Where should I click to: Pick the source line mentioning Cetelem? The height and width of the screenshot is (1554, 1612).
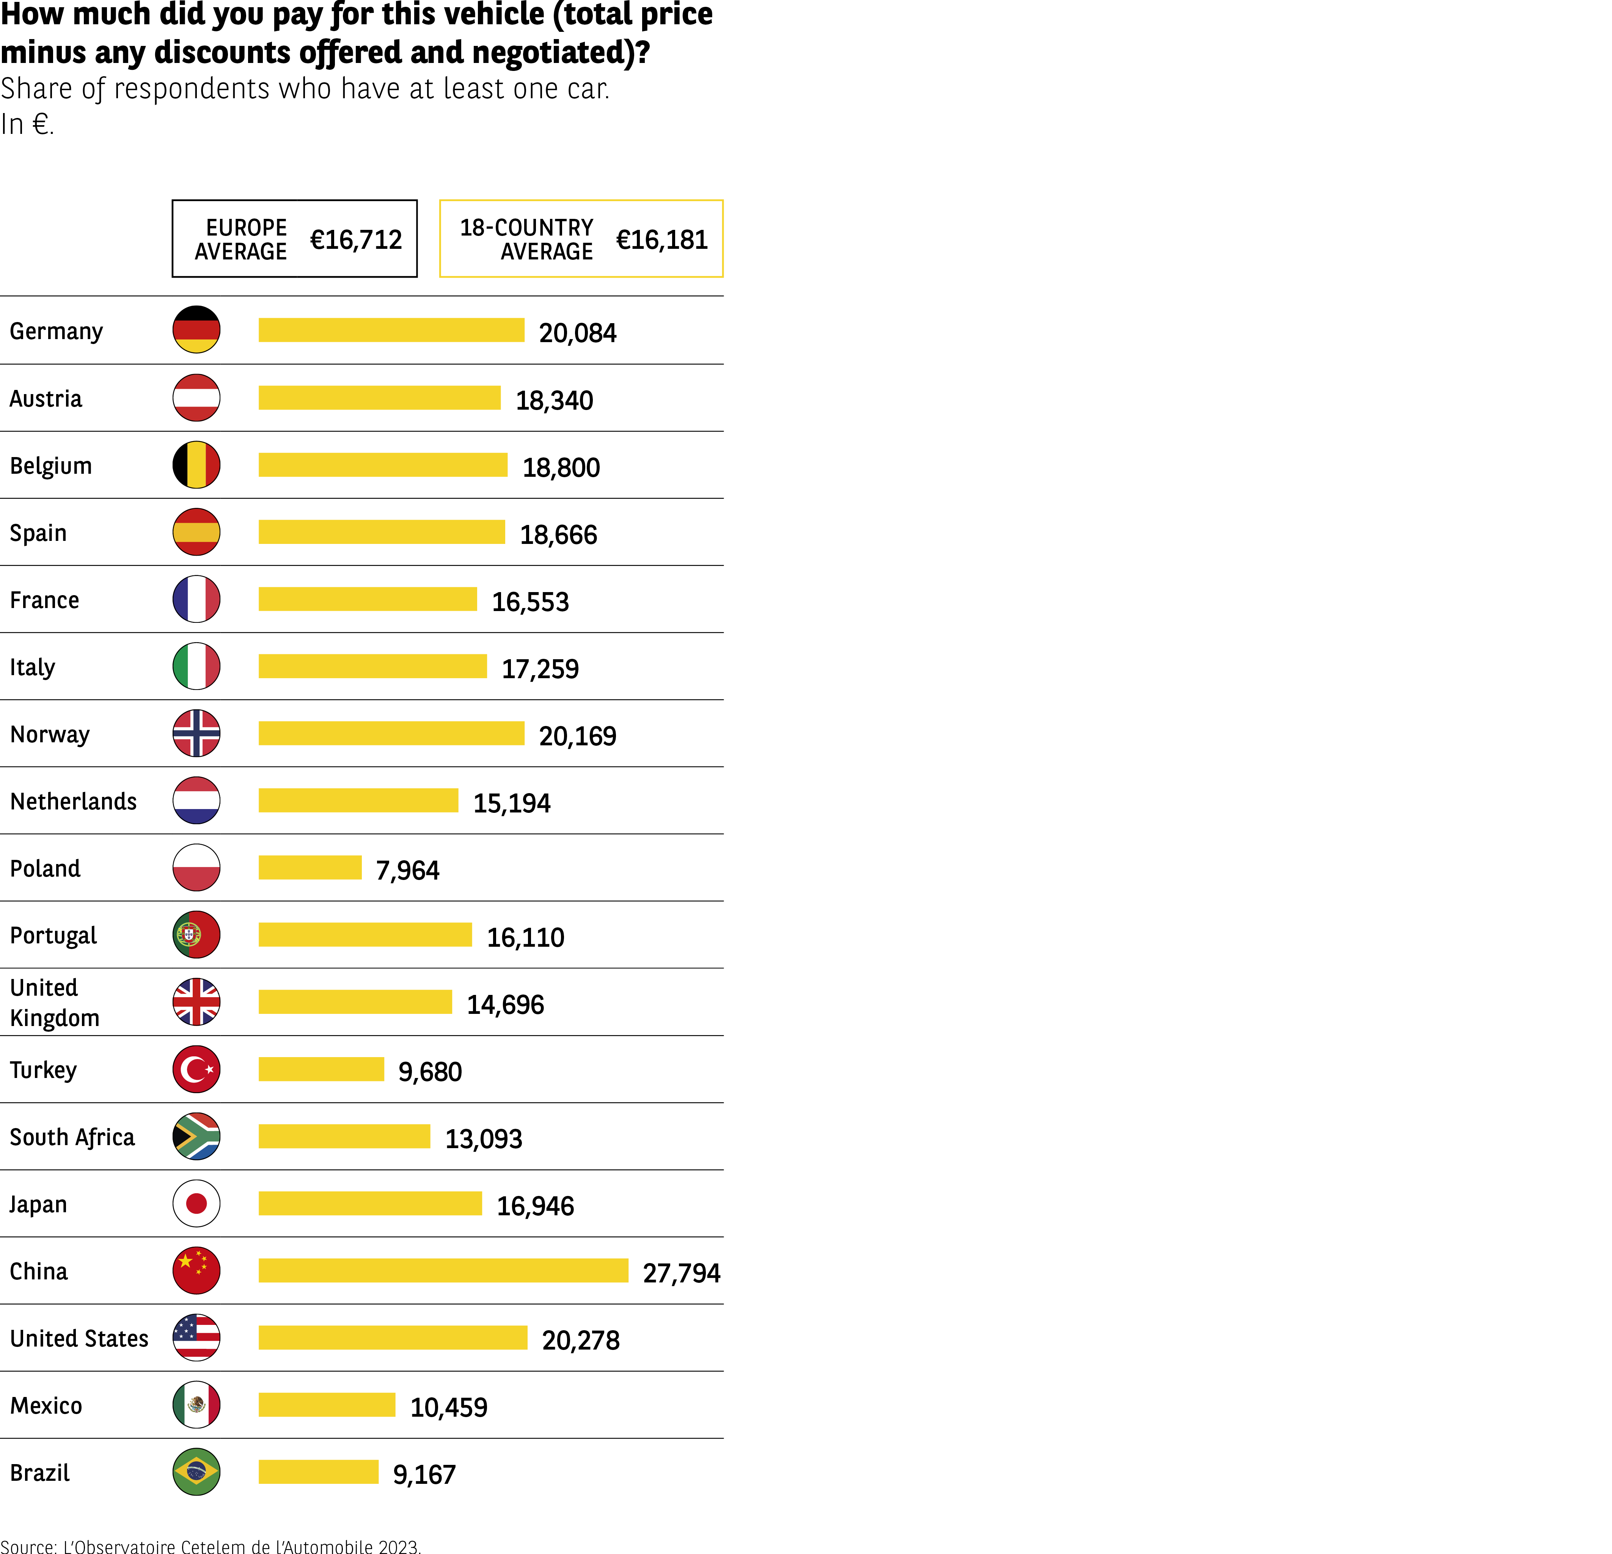point(211,1546)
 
